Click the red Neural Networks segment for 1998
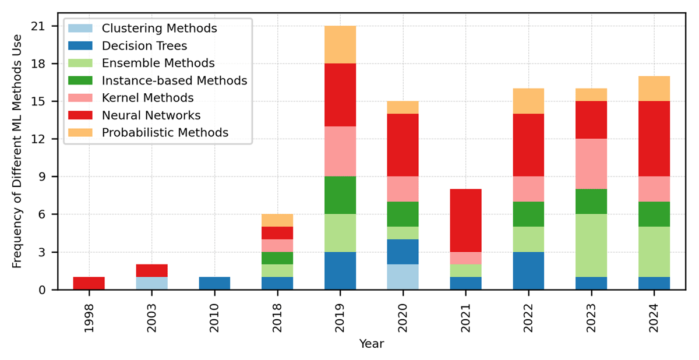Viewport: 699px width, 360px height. coord(89,284)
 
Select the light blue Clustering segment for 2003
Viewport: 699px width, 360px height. coord(151,284)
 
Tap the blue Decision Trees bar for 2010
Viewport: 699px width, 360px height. coord(214,284)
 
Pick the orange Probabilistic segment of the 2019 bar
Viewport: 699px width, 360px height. coord(340,45)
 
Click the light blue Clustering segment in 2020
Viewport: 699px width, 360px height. coord(403,277)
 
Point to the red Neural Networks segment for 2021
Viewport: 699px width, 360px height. coord(466,221)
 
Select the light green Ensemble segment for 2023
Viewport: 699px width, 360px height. coord(592,246)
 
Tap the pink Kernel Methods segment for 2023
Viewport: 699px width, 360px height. coord(592,164)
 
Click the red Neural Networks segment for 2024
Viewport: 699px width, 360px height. coord(654,139)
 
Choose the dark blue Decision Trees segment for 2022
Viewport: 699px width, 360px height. coord(529,271)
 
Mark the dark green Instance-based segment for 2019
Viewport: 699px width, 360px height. coord(340,196)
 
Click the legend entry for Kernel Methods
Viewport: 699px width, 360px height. coord(147,98)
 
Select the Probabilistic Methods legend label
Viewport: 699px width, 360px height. coord(165,132)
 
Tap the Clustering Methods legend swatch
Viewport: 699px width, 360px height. coord(80,29)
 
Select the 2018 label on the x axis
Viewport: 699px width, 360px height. coord(277,317)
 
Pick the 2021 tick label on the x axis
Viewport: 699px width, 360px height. coord(466,317)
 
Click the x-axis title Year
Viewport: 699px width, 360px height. coord(372,344)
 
